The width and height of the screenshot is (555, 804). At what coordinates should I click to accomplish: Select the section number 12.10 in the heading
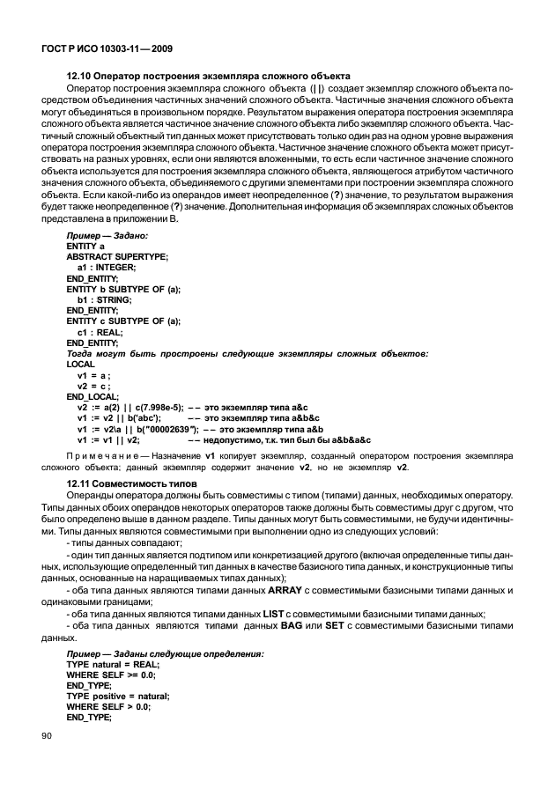(81, 76)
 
